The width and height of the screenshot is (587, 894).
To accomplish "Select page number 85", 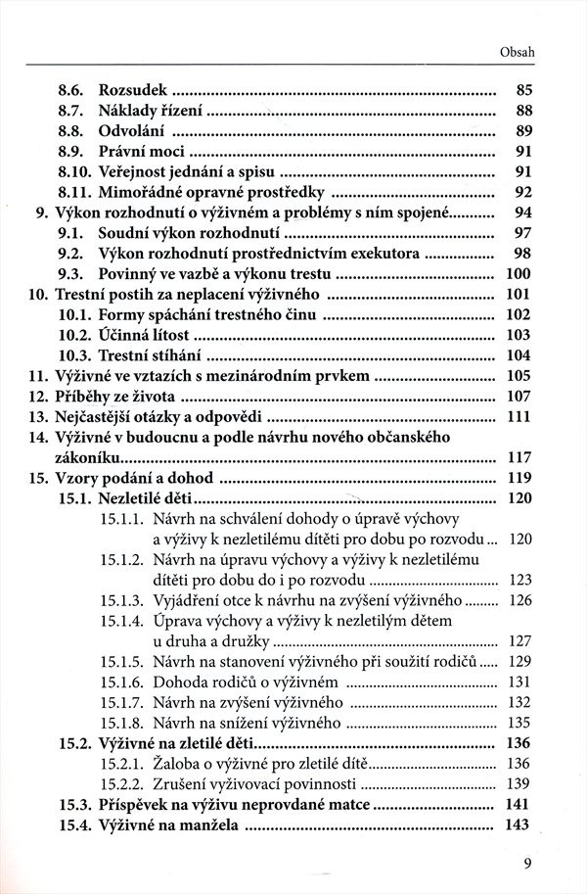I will [523, 90].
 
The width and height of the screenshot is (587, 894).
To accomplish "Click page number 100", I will [519, 273].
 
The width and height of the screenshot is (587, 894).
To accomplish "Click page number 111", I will [519, 416].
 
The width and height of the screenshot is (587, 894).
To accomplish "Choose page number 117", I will [519, 457].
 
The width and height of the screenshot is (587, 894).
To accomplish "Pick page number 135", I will [519, 724].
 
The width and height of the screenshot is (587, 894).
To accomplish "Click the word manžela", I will [213, 825].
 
